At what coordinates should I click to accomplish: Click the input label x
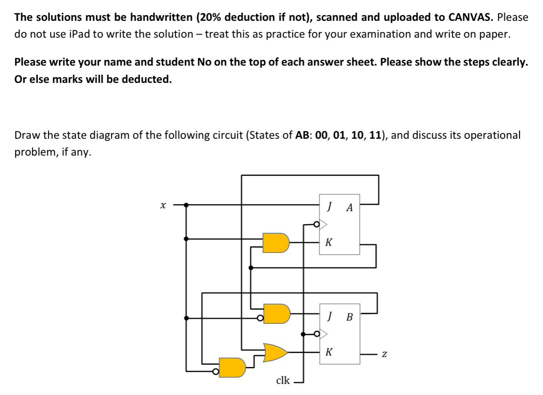point(163,206)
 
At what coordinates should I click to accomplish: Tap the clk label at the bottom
point(283,380)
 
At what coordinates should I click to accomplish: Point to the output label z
point(385,355)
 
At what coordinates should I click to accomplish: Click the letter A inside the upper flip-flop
point(349,207)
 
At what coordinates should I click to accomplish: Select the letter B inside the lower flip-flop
point(349,317)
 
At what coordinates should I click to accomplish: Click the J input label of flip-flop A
point(329,206)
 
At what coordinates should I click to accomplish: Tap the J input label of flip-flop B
point(329,316)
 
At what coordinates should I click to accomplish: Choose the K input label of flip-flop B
point(329,352)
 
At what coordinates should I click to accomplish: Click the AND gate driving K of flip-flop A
point(275,242)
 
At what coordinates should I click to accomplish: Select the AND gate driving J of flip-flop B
point(276,314)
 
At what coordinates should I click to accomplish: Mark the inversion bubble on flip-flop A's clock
point(316,224)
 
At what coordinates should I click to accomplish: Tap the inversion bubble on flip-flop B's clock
point(316,333)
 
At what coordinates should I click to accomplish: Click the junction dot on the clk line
point(303,334)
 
